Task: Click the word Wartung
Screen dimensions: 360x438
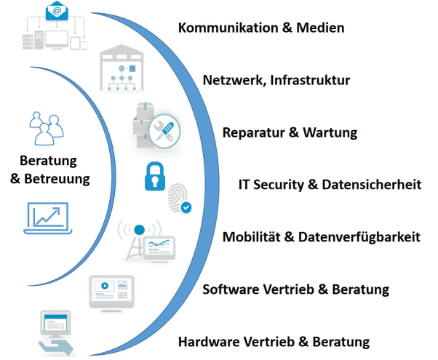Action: click(x=330, y=133)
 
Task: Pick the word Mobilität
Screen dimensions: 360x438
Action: click(x=254, y=237)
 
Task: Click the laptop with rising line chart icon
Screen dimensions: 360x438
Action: click(x=47, y=216)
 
